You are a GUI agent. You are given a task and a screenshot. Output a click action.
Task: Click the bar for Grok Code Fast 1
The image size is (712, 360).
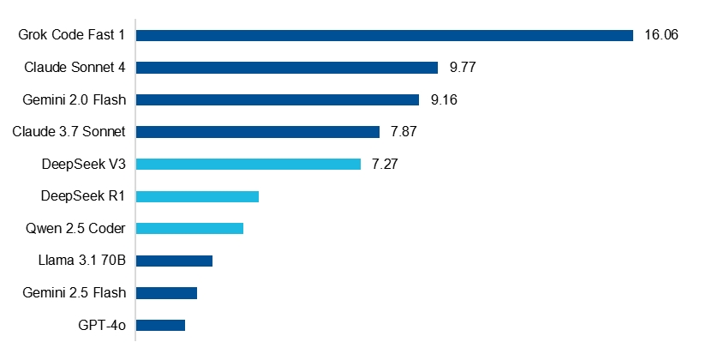(385, 35)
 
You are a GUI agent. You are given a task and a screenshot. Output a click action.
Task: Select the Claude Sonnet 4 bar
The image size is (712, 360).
(287, 68)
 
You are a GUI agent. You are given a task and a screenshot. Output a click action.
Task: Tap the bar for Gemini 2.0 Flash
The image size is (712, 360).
(278, 99)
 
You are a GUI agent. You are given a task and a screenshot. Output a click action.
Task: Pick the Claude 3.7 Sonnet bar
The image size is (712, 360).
(258, 132)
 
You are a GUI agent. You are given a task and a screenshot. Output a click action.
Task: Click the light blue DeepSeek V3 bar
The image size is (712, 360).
(248, 164)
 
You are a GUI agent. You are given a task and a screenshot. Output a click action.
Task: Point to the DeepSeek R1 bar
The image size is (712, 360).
(198, 196)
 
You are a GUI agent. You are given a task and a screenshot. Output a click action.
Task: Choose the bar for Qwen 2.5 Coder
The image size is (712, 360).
(190, 229)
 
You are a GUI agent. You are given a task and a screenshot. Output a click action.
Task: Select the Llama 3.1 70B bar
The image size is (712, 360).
(175, 261)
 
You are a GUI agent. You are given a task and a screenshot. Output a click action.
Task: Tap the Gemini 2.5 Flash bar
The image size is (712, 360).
(167, 293)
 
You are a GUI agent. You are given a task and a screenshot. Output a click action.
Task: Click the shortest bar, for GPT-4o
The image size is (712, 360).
(161, 325)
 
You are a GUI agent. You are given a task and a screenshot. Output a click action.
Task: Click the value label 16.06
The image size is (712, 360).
(661, 35)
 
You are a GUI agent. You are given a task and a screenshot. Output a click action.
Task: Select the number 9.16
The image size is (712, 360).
(445, 99)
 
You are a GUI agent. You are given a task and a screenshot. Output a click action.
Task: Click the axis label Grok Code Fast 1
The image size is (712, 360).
(72, 35)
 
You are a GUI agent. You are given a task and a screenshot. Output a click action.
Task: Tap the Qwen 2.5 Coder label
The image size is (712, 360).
(77, 229)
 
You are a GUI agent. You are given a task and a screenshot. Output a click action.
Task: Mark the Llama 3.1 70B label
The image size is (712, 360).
(81, 261)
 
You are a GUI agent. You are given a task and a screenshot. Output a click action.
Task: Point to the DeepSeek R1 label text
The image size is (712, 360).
(83, 196)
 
